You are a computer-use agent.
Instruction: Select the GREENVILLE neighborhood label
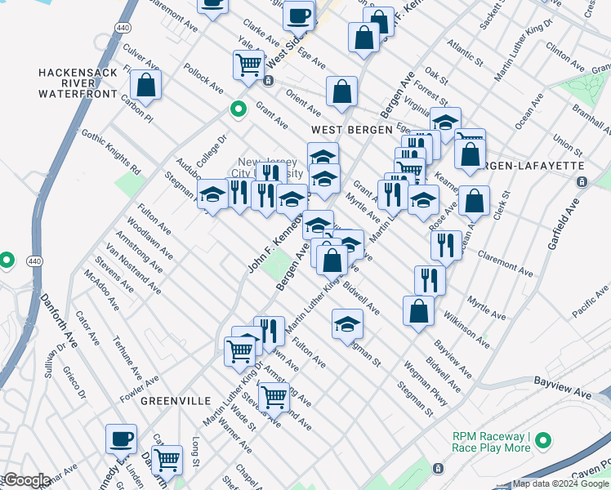172,401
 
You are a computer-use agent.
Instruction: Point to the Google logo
27,480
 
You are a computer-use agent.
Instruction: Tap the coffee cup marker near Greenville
121,439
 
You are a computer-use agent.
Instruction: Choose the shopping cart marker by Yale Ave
248,64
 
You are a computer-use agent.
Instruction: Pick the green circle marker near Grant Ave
238,109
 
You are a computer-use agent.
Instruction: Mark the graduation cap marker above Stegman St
347,323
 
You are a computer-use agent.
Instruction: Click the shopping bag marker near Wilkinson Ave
418,310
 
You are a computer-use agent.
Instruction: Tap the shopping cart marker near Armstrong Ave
274,396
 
